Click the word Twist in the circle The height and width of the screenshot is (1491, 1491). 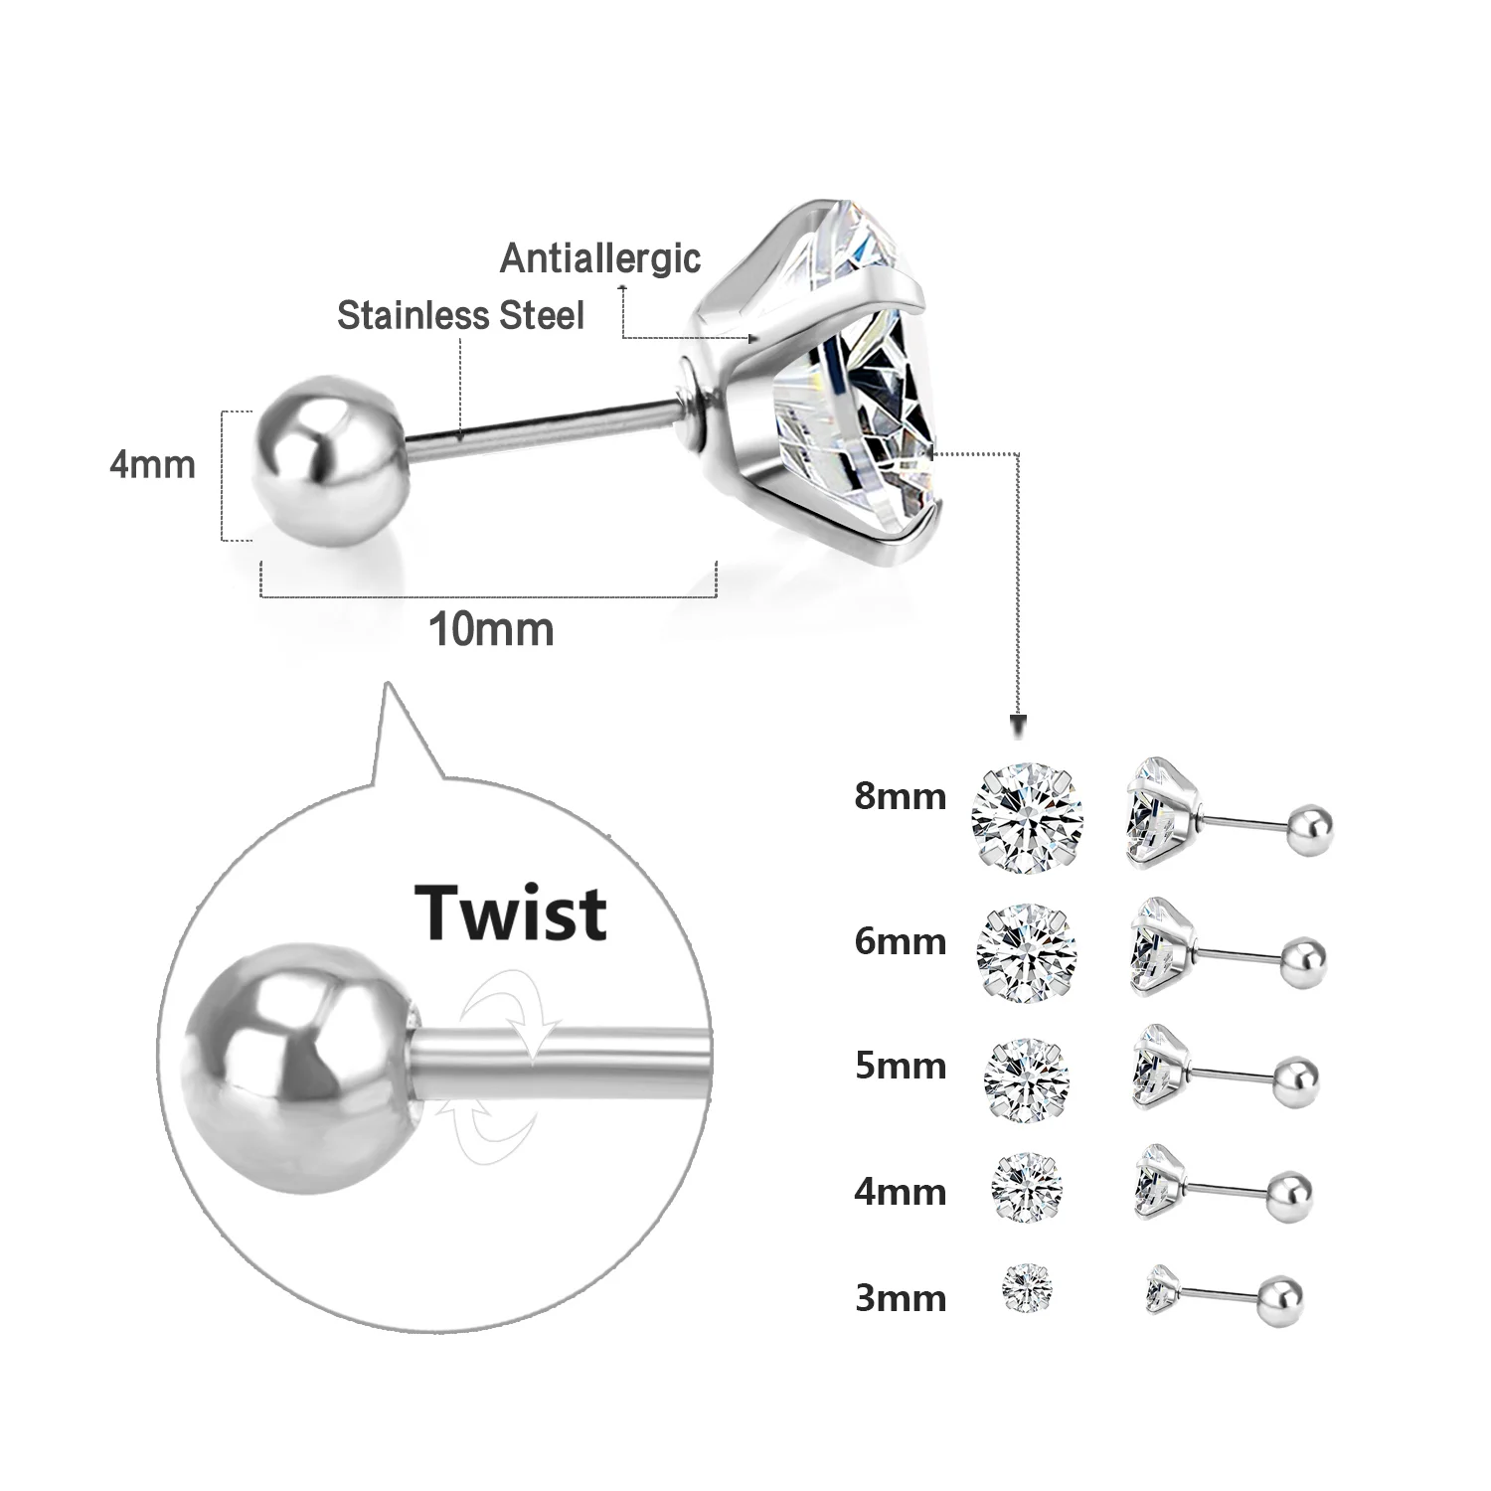[x=511, y=911]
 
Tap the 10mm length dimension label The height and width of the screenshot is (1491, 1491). [x=490, y=630]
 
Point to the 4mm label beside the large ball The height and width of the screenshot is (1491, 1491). [x=152, y=464]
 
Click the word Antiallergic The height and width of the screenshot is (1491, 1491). [x=600, y=258]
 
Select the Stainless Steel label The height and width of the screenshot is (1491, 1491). [x=460, y=316]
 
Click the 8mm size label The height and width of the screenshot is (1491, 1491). [x=900, y=796]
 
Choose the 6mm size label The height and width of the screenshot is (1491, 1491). [x=900, y=940]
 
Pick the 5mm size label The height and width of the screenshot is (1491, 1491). [x=900, y=1066]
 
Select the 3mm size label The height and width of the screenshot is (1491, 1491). [x=900, y=1297]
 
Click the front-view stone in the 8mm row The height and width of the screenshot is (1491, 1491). [x=1027, y=818]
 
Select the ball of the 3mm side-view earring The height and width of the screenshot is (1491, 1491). [x=1277, y=1298]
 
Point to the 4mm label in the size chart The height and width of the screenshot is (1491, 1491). [x=900, y=1191]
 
